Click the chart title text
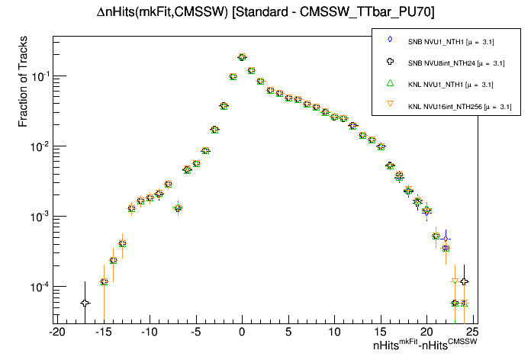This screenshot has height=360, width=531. [265, 12]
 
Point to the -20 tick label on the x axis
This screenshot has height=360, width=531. [56, 332]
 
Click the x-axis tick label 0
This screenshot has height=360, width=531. [242, 332]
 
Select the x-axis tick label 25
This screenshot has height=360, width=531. [472, 332]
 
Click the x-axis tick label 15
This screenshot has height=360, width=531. [380, 332]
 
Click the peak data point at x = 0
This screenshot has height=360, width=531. [242, 57]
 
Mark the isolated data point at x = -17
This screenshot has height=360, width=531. [85, 303]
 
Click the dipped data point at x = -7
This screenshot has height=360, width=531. [178, 207]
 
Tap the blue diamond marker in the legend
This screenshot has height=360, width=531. [390, 40]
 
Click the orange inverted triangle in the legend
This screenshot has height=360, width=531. [390, 106]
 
